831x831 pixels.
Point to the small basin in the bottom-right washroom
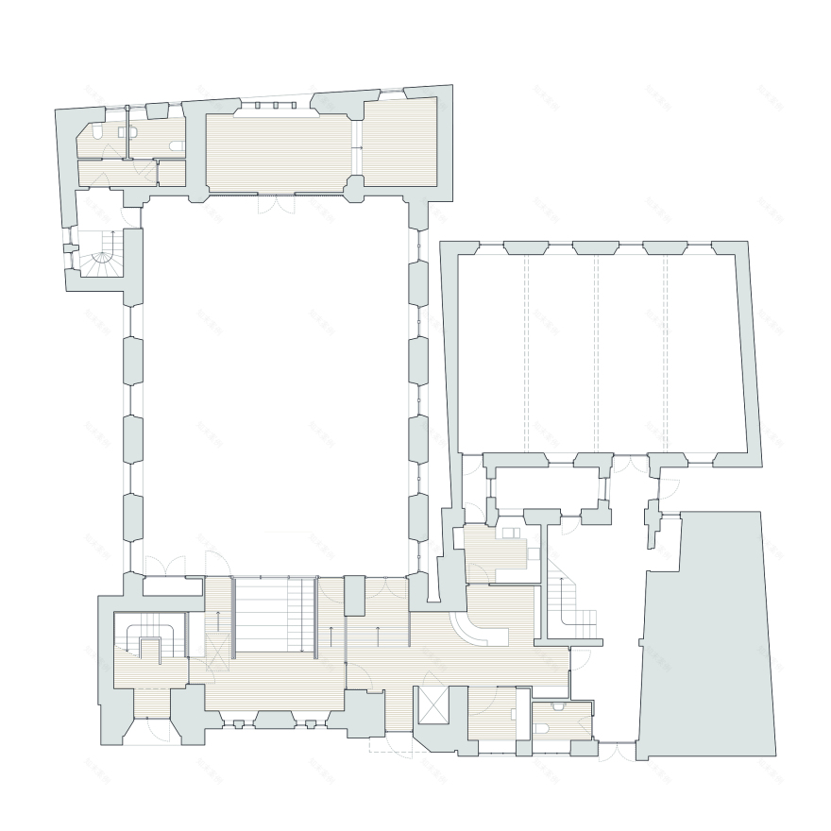[559, 706]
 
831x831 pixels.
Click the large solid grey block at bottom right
[708, 633]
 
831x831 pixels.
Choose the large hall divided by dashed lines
[604, 349]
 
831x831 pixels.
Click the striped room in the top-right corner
[400, 142]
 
